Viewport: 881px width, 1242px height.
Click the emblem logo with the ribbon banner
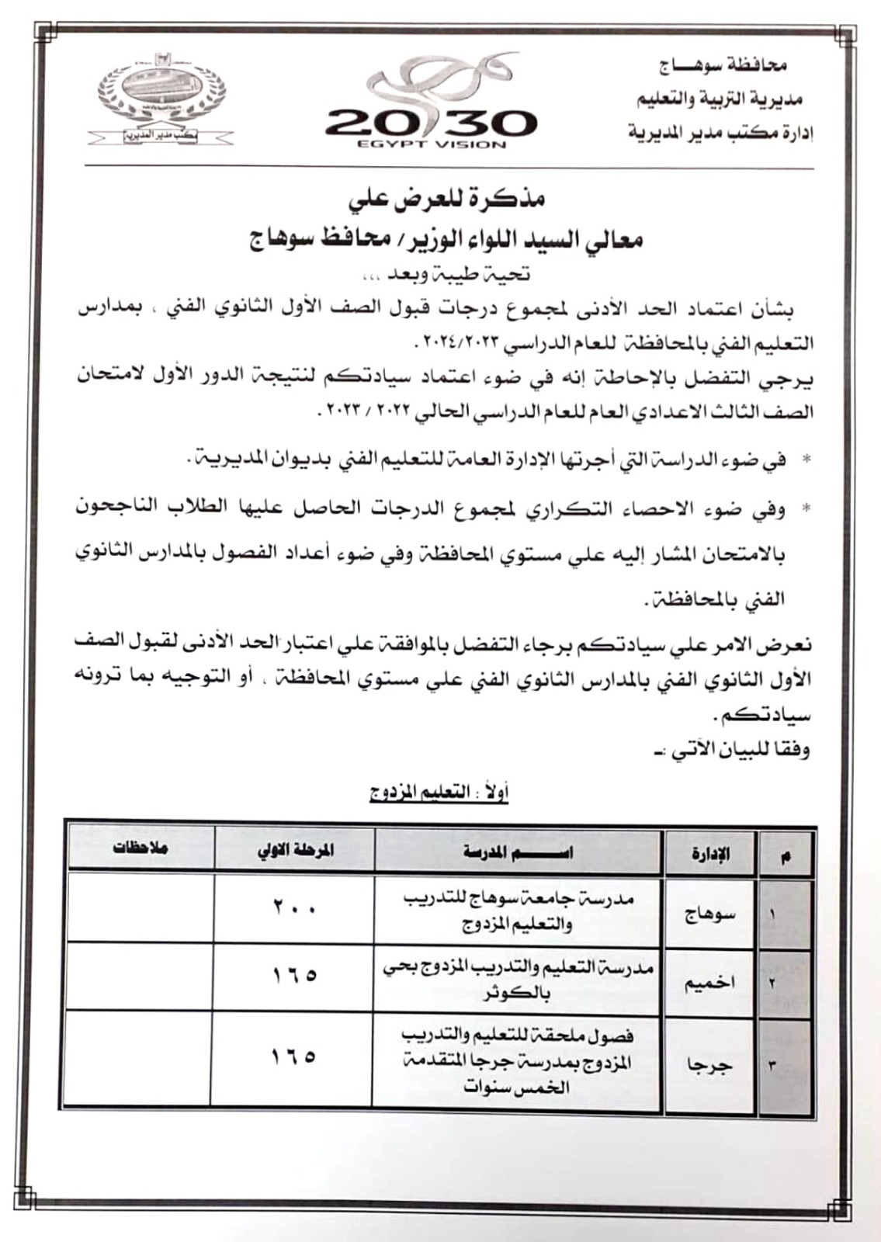pyautogui.click(x=161, y=97)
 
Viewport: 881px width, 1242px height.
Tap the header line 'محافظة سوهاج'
pyautogui.click(x=723, y=65)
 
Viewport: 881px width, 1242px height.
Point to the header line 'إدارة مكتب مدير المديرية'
pyautogui.click(x=720, y=133)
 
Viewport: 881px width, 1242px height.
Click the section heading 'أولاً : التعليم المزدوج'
pyautogui.click(x=439, y=793)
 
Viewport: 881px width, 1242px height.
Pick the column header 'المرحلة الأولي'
pyautogui.click(x=295, y=849)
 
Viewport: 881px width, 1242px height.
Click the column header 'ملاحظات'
pyautogui.click(x=140, y=848)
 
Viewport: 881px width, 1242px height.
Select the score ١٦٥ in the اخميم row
pyautogui.click(x=293, y=975)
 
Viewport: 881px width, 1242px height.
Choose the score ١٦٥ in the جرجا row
pyautogui.click(x=293, y=1056)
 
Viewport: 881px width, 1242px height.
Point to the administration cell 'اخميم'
pyautogui.click(x=709, y=982)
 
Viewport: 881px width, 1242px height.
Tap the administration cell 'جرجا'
pyautogui.click(x=709, y=1064)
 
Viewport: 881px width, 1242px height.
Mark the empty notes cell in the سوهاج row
pyautogui.click(x=140, y=907)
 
